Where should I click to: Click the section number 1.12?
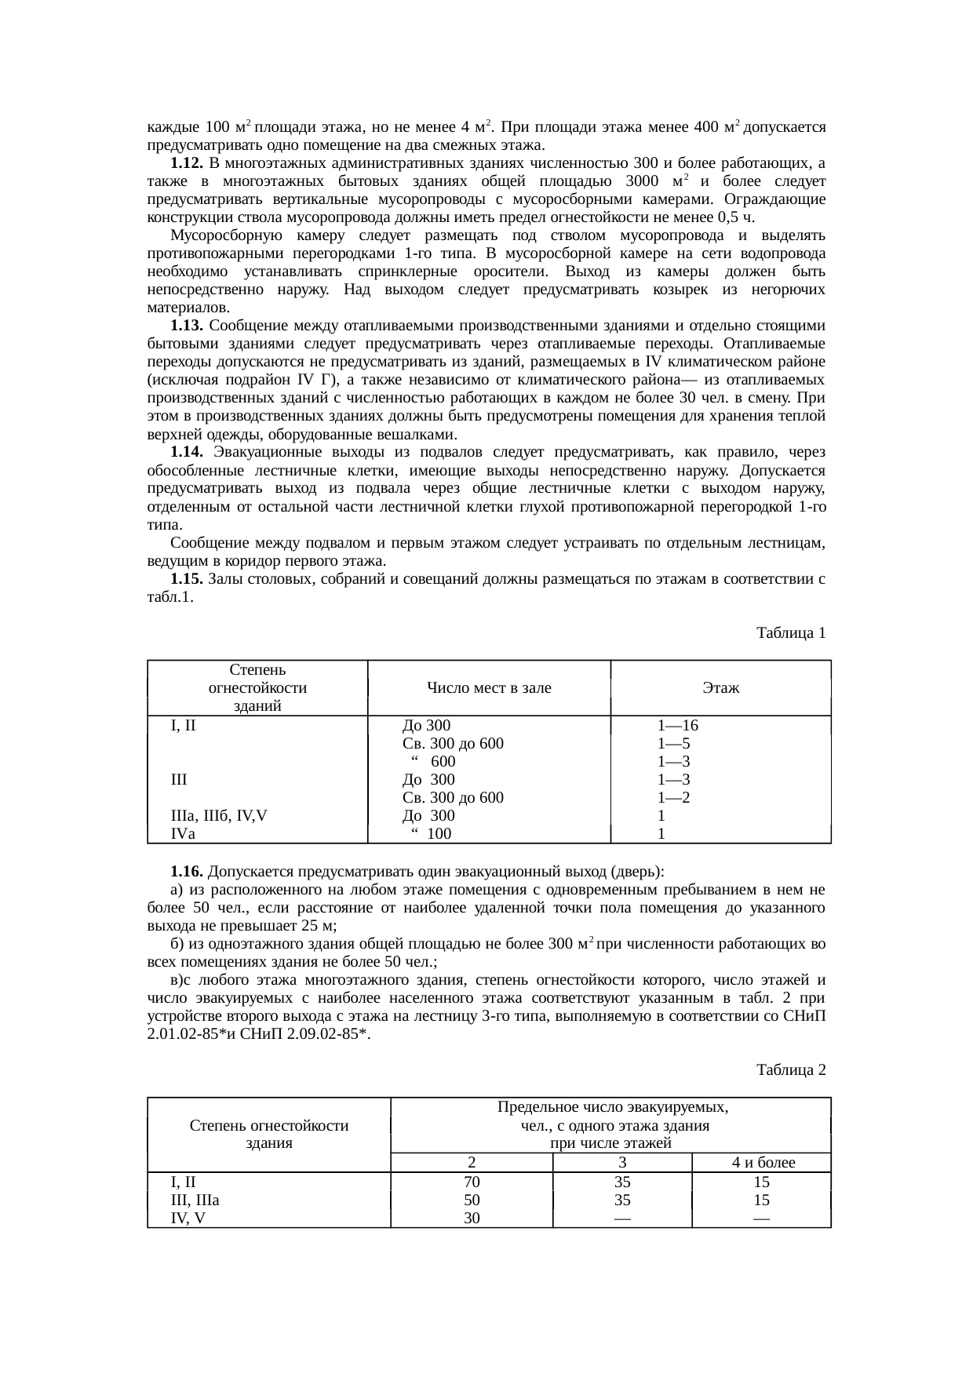tap(187, 163)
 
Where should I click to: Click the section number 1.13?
tap(187, 326)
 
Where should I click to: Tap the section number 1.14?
tap(187, 453)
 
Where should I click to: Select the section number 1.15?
tap(187, 579)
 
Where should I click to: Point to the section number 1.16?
tap(187, 872)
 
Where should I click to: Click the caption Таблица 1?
tap(790, 632)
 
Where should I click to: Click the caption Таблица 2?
tap(790, 1069)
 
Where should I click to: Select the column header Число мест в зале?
tap(488, 688)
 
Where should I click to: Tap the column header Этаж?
tap(720, 688)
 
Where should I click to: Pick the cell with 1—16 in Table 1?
tap(677, 726)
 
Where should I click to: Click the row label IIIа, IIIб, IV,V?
tap(219, 815)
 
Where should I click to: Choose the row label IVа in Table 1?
tap(183, 833)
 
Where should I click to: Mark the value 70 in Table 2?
tap(472, 1182)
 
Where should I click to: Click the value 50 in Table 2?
tap(472, 1200)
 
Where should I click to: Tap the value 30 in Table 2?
tap(472, 1218)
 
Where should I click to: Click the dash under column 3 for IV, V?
tap(622, 1218)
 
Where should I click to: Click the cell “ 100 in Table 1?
tap(431, 833)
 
